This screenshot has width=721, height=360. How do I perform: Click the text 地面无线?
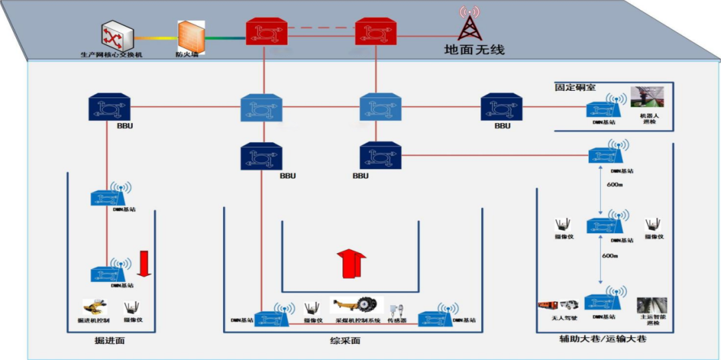coord(475,49)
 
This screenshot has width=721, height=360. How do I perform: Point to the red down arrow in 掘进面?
coord(144,262)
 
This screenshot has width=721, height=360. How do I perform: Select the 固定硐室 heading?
coord(575,87)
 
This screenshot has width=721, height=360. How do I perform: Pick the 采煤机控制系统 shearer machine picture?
coord(358,307)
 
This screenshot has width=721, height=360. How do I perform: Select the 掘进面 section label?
coord(110,341)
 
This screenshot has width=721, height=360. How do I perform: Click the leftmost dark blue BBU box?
coord(109,108)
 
